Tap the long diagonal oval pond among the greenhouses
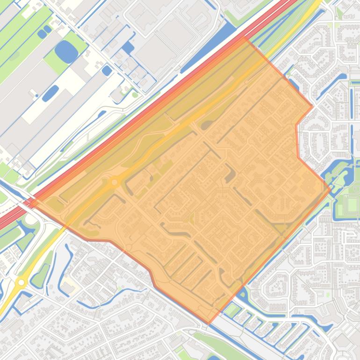coord(50,93)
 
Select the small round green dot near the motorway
coord(135,95)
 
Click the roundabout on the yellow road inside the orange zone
coord(115,182)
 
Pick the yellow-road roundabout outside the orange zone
coord(21,282)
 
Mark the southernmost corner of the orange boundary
coord(209,323)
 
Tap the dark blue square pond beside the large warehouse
coord(128,47)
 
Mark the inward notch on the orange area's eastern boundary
coord(296,125)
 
